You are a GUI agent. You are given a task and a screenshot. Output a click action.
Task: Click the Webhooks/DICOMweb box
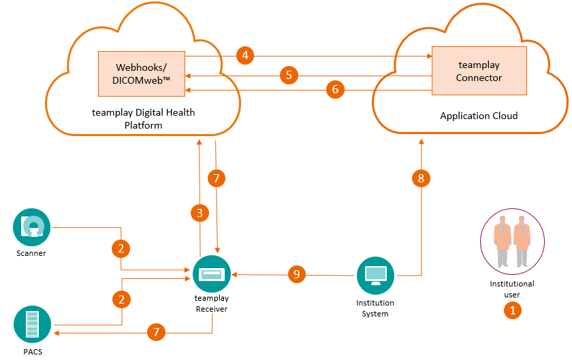click(142, 73)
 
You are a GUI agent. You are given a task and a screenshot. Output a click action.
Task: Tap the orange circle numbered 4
click(245, 55)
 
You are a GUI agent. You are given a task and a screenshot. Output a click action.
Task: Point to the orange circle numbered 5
click(289, 74)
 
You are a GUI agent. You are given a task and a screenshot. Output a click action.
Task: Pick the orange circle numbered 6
click(334, 88)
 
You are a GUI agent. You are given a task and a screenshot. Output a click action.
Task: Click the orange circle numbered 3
click(200, 213)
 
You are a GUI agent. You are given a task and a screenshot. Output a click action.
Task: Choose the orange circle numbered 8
click(421, 178)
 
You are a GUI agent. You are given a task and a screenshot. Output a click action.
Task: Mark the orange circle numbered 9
click(296, 274)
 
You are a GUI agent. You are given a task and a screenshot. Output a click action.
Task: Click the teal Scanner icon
click(32, 228)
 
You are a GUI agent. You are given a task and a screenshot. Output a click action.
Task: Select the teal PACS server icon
click(32, 325)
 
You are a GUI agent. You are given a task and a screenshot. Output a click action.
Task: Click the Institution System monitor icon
click(376, 275)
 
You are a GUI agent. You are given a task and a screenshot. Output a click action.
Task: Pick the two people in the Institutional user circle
click(511, 240)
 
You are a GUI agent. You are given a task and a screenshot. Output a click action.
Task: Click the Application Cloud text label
click(479, 116)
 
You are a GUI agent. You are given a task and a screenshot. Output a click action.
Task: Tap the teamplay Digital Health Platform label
click(143, 119)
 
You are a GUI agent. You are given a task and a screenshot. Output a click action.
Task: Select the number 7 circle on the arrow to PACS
click(157, 332)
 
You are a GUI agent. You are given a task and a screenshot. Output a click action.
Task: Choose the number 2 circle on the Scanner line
click(121, 248)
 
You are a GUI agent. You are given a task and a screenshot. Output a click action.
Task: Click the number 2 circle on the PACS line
click(121, 299)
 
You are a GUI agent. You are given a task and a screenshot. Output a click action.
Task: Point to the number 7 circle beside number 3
click(216, 179)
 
